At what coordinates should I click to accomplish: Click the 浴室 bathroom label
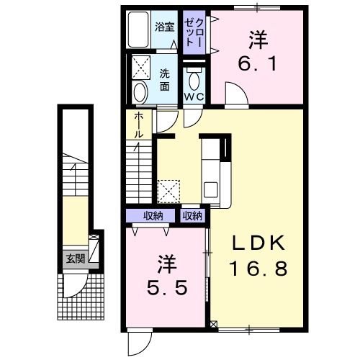[x=165, y=27]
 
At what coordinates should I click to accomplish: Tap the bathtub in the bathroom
[x=138, y=30]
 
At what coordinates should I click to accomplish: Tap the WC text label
[x=192, y=96]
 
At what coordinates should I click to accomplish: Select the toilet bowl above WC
[x=192, y=76]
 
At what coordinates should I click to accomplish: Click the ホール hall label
[x=138, y=125]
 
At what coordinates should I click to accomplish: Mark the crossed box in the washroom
[x=140, y=68]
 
